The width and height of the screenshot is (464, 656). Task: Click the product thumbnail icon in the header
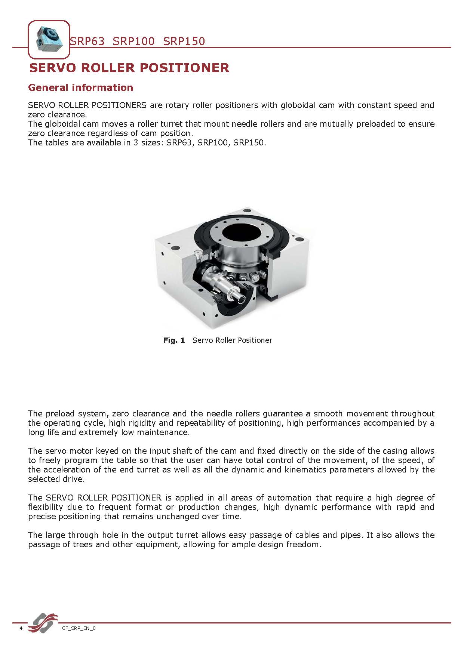pos(49,40)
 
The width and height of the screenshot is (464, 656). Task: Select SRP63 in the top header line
pos(87,41)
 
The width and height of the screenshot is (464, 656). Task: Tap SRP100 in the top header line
pos(133,41)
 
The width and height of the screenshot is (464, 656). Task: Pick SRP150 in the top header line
pos(184,41)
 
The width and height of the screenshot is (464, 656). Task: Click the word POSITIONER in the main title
pos(184,68)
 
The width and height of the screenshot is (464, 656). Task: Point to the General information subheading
pos(80,87)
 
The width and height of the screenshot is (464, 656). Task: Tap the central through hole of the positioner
pos(241,233)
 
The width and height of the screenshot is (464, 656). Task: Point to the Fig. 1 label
pos(174,340)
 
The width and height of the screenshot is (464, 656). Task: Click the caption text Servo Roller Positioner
pos(232,340)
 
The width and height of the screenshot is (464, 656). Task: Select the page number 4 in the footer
pos(21,628)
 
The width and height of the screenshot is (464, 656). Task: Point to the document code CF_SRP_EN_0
pos(79,628)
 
